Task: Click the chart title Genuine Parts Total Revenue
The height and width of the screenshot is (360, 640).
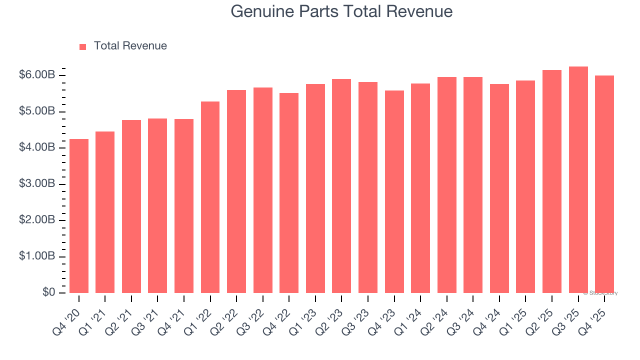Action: (341, 11)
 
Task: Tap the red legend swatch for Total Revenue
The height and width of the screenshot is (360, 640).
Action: (82, 46)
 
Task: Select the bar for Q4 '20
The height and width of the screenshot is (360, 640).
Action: (79, 216)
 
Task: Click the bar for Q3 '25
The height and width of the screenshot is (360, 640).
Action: (578, 179)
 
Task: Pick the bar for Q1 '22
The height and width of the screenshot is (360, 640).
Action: (210, 197)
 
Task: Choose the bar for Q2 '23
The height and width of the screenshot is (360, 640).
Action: (341, 186)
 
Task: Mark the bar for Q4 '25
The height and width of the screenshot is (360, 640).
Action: (604, 184)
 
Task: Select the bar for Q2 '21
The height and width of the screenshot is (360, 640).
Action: (131, 206)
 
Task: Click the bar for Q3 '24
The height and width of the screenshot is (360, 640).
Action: (473, 185)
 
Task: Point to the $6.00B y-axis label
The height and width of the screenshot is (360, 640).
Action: (36, 75)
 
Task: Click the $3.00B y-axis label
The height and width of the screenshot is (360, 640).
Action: (36, 184)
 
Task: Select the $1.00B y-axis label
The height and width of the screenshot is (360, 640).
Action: (36, 256)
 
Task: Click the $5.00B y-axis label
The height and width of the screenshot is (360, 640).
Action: (36, 111)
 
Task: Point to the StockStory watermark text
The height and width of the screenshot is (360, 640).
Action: (600, 293)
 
